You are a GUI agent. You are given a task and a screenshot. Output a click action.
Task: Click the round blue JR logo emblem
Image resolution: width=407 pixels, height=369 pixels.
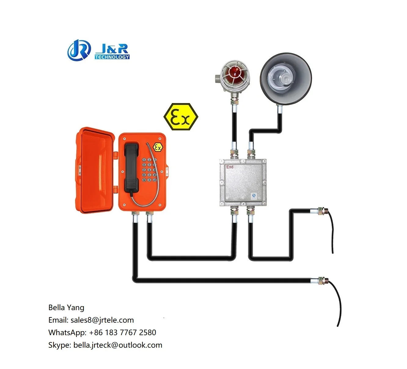coord(79,50)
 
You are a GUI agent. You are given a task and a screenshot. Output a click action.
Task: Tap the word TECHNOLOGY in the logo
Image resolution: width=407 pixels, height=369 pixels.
coord(112,57)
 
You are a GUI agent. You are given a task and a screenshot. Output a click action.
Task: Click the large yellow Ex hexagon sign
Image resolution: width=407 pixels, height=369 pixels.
coord(181,117)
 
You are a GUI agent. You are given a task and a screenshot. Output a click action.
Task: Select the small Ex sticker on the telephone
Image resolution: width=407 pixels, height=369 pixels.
coord(158,148)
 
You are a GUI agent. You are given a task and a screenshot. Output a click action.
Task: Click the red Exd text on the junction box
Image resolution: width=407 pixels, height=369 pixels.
coord(230,167)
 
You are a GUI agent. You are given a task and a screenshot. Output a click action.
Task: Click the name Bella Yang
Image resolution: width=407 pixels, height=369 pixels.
coord(66,307)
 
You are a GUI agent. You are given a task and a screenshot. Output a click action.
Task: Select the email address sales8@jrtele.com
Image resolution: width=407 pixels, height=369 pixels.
coord(102,320)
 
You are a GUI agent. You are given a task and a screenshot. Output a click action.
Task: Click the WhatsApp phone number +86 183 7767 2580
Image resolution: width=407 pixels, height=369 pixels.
coord(123,332)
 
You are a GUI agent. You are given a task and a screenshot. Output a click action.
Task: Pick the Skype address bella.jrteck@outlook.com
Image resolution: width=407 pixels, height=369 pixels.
coord(118,345)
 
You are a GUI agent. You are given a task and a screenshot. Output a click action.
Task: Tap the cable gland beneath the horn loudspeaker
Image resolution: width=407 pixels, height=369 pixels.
coord(279,108)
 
